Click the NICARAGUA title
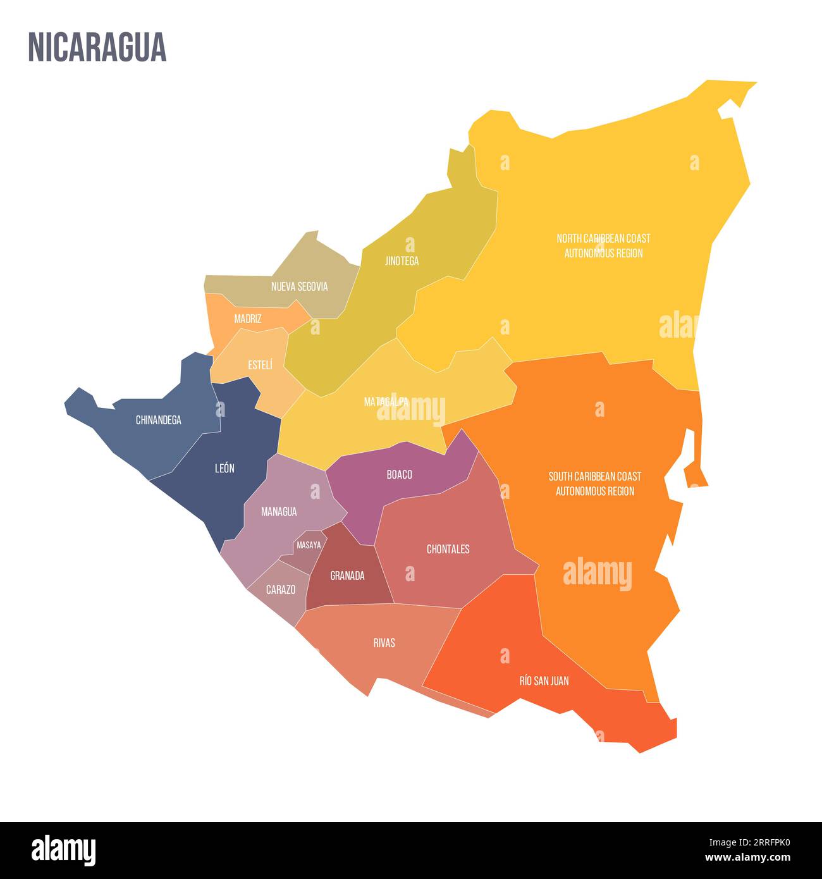[x=97, y=47]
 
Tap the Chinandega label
[x=158, y=420]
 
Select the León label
[x=224, y=469]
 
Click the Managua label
[x=279, y=512]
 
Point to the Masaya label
[x=309, y=545]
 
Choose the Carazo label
[x=280, y=589]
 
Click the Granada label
[x=347, y=575]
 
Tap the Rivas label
[x=384, y=642]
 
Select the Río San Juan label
[x=544, y=680]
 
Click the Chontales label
[x=448, y=549]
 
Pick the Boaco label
[x=399, y=474]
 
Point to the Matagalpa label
[x=386, y=402]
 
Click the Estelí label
[x=260, y=365]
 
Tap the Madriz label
[x=247, y=319]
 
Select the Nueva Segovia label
[x=299, y=286]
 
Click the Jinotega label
[x=402, y=261]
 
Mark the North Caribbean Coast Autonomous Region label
[x=603, y=245]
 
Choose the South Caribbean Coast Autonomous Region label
[x=594, y=483]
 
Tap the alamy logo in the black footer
[x=64, y=849]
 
